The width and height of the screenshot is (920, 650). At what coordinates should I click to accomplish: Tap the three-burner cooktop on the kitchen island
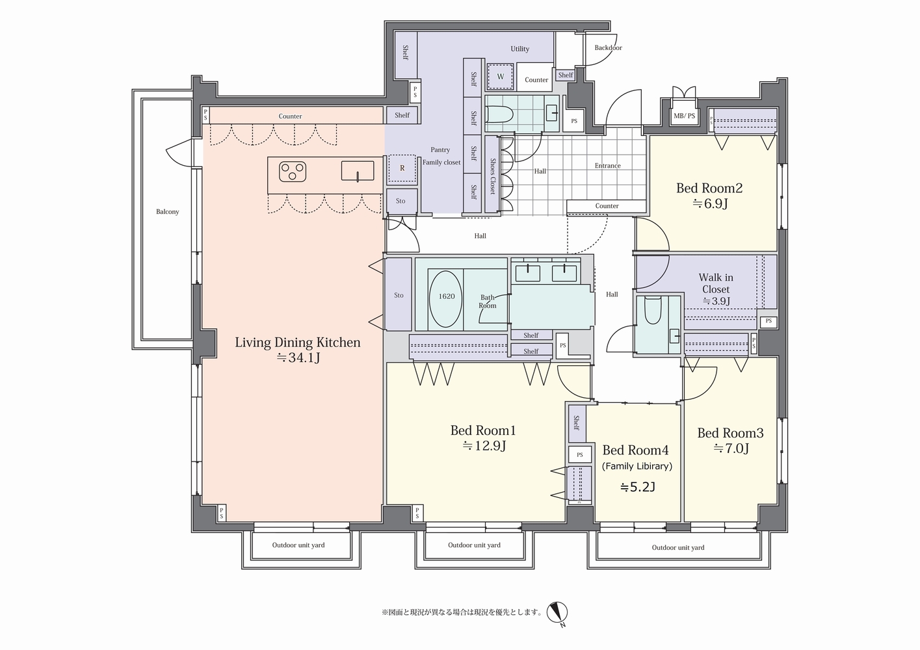[293, 172]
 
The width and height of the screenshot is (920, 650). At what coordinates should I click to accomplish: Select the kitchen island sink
[358, 171]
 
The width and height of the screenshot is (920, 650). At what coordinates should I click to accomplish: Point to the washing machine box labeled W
[500, 77]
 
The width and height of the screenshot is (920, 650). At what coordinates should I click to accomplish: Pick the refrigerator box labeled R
[402, 168]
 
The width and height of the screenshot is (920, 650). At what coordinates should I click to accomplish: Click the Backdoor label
[609, 47]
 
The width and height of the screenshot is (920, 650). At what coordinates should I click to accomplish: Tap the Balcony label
[168, 212]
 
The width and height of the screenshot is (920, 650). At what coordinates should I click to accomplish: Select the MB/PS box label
[684, 116]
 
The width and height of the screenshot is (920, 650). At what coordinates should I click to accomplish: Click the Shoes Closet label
[492, 176]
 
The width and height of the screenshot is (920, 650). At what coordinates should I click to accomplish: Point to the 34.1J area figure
[298, 357]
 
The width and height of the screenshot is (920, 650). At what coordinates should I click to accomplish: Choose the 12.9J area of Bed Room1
[484, 445]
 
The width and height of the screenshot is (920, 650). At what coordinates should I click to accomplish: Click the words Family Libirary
[637, 467]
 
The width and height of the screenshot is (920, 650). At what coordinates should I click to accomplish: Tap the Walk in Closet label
[716, 283]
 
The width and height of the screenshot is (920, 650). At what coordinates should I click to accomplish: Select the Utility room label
[520, 49]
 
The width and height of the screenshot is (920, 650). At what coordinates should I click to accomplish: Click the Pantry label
[440, 150]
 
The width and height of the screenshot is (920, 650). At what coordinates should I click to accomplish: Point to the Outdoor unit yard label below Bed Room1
[475, 545]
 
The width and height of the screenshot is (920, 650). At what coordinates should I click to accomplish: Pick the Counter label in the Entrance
[607, 205]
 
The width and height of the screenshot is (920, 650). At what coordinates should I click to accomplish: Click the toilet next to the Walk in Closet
[652, 311]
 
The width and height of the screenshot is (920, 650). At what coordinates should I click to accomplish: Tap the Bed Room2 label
[709, 188]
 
